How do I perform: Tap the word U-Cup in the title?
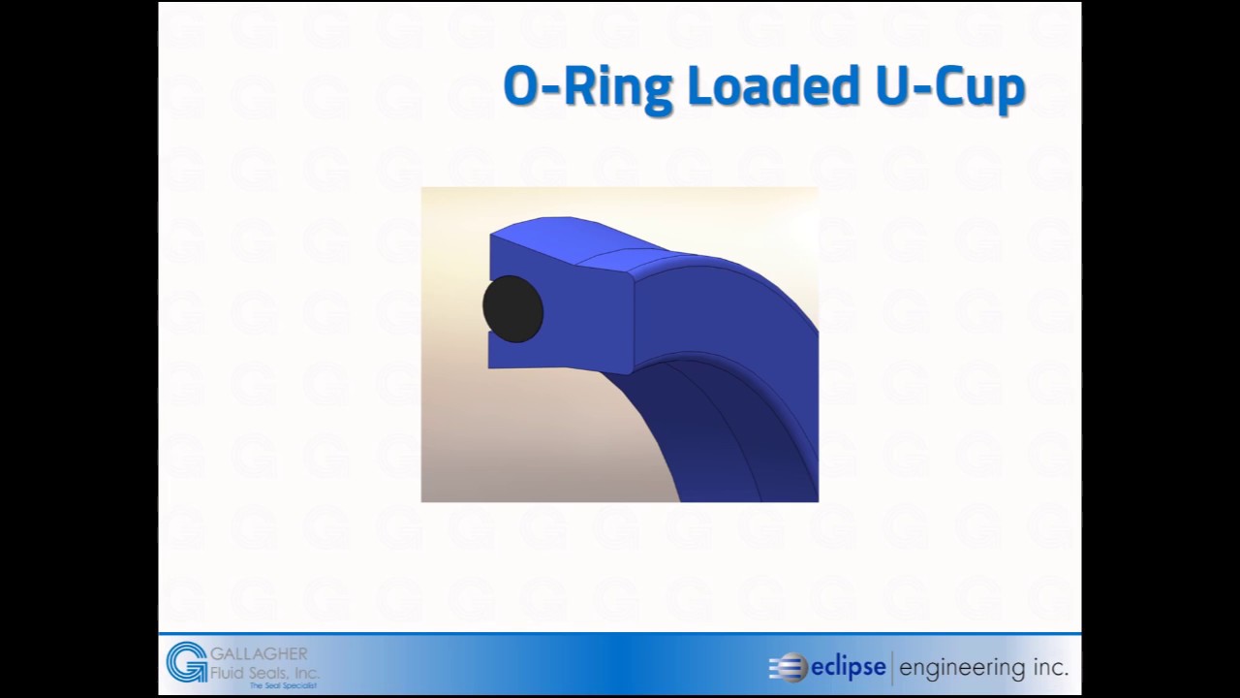pyautogui.click(x=950, y=87)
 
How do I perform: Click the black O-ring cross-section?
pyautogui.click(x=512, y=308)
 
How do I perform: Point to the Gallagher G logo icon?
pyautogui.click(x=185, y=662)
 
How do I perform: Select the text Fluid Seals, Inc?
pyautogui.click(x=264, y=672)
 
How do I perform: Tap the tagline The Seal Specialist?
pyautogui.click(x=283, y=685)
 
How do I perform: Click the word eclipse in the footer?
pyautogui.click(x=848, y=667)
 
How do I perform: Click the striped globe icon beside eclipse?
pyautogui.click(x=789, y=667)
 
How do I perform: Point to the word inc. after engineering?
pyautogui.click(x=1051, y=668)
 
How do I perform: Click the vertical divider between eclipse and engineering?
pyautogui.click(x=892, y=667)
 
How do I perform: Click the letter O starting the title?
pyautogui.click(x=519, y=87)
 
